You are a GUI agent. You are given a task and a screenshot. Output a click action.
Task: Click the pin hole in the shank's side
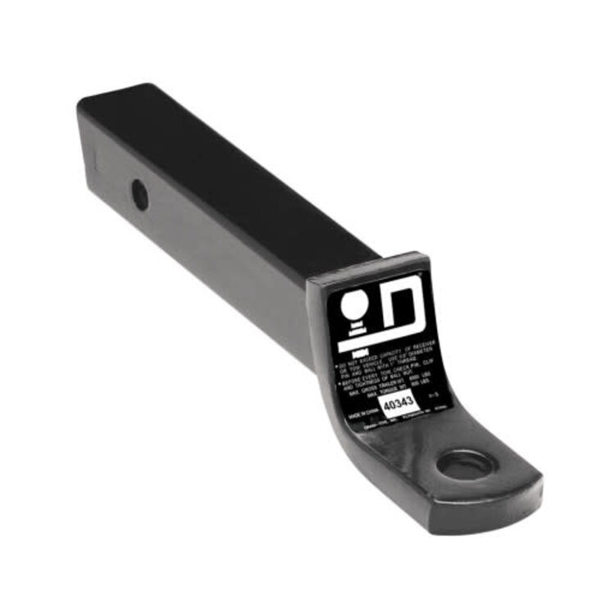tap(140, 195)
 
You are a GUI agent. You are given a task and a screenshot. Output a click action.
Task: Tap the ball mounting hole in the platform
tap(465, 466)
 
